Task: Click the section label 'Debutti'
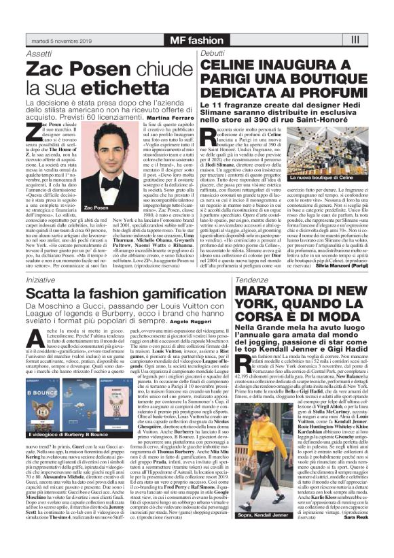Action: pyautogui.click(x=212, y=52)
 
